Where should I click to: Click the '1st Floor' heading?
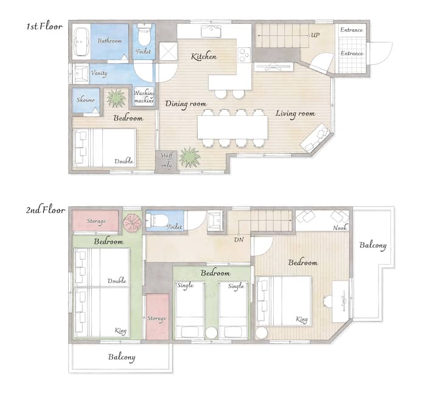pyautogui.click(x=44, y=27)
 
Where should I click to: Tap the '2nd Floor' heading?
pyautogui.click(x=46, y=210)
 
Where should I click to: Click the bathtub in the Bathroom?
pyautogui.click(x=82, y=42)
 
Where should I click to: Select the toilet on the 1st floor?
pyautogui.click(x=144, y=35)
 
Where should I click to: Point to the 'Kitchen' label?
pyautogui.click(x=204, y=56)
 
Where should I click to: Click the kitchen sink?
pyautogui.click(x=211, y=32)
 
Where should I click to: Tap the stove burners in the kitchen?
pyautogui.click(x=245, y=55)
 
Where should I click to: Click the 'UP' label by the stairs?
pyautogui.click(x=315, y=35)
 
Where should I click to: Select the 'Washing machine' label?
pyautogui.click(x=144, y=97)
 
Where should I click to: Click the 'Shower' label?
pyautogui.click(x=86, y=100)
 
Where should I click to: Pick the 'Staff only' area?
pyautogui.click(x=166, y=162)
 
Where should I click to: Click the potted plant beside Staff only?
pyautogui.click(x=190, y=157)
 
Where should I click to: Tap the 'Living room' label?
pyautogui.click(x=295, y=114)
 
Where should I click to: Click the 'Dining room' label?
pyautogui.click(x=186, y=104)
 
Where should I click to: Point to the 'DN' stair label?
pyautogui.click(x=239, y=239)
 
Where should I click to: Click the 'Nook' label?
pyautogui.click(x=339, y=228)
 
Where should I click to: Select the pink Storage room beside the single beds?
pyautogui.click(x=158, y=316)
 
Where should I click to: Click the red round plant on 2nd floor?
pyautogui.click(x=133, y=222)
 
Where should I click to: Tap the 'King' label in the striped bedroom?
pyautogui.click(x=302, y=319)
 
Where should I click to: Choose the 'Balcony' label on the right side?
pyautogui.click(x=373, y=245)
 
